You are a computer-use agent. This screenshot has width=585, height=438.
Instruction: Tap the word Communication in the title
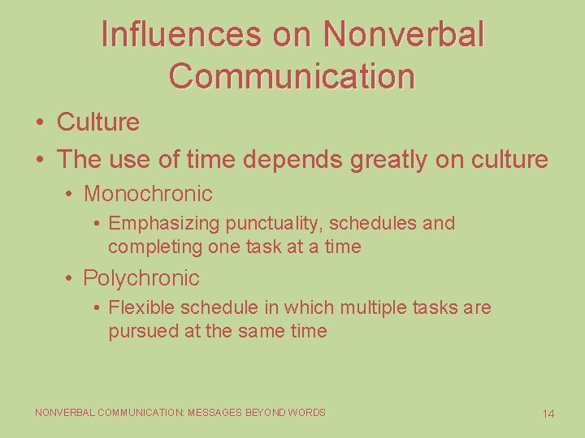tap(292, 75)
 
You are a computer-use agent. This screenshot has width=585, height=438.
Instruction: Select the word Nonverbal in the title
tap(404, 34)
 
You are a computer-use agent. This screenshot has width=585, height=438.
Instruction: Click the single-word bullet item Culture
tap(98, 122)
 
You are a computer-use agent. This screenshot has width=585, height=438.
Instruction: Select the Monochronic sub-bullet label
tap(148, 194)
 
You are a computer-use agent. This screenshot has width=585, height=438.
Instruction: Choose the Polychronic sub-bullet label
tap(141, 278)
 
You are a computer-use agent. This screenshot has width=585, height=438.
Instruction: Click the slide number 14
tap(548, 414)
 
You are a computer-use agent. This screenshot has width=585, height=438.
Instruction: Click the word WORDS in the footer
tap(308, 413)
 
